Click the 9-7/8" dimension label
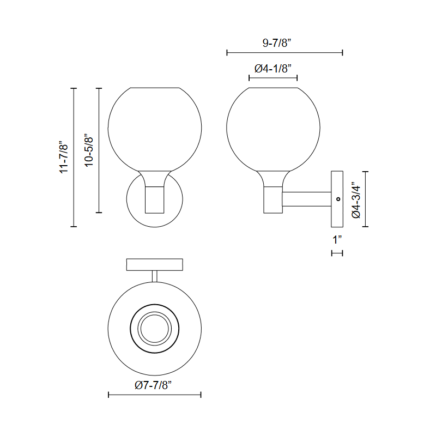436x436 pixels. (276, 43)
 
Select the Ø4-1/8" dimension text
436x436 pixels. (273, 69)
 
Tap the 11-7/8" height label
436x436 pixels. (64, 157)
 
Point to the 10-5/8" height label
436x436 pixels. (89, 152)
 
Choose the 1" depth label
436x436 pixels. (337, 239)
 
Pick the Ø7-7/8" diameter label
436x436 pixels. (153, 385)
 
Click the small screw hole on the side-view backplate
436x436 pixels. (338, 199)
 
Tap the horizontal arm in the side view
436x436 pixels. (307, 199)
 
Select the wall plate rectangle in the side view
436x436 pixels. (337, 199)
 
